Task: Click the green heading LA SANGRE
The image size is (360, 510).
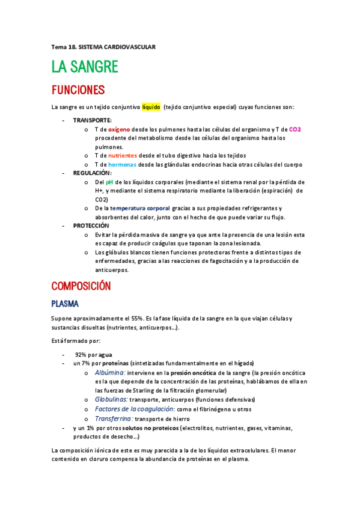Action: coord(84,67)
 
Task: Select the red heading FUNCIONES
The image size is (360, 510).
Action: coord(78,90)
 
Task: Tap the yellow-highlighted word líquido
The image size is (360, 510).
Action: coord(151,108)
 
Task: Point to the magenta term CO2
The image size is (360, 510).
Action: coord(294,129)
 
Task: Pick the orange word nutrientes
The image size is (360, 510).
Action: coord(122,155)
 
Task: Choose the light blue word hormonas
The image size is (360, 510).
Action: coord(123,164)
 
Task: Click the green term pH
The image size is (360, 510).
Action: coord(109,182)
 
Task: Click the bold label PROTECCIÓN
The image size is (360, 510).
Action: coord(91,226)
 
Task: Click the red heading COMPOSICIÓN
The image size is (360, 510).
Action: coord(81,286)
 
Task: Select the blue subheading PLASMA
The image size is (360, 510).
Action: coord(66,304)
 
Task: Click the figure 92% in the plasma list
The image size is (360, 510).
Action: coord(81,355)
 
